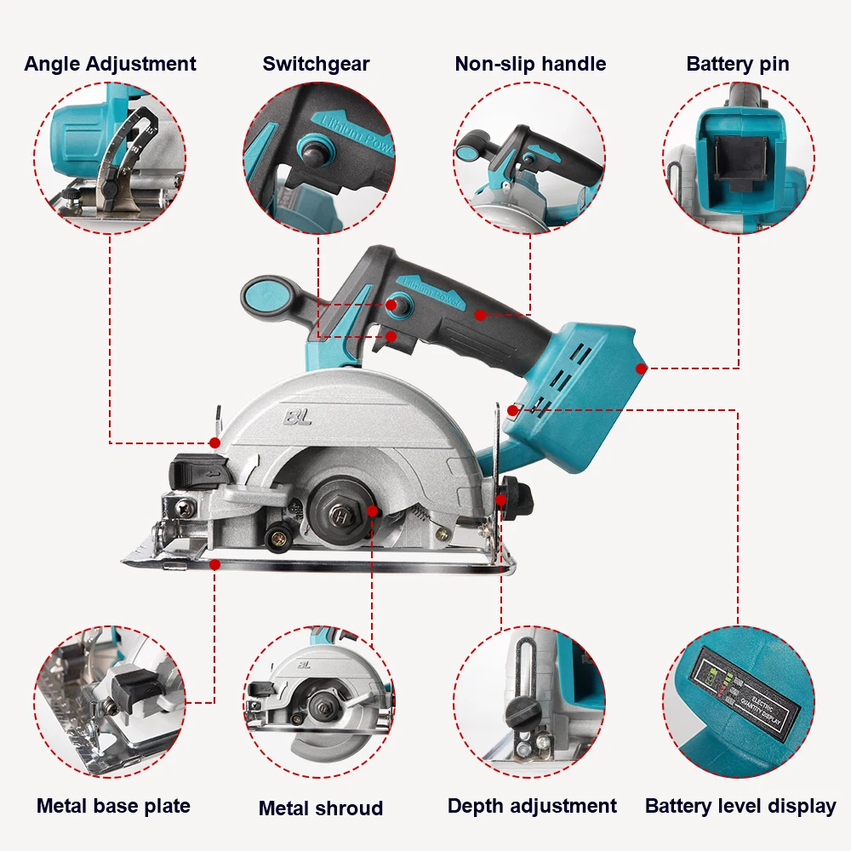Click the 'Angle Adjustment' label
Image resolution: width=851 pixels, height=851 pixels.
(x=110, y=64)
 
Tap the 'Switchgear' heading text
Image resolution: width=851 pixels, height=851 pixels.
(x=316, y=64)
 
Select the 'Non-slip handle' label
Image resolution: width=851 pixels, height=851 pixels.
(x=530, y=64)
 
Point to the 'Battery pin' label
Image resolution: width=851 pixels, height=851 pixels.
(x=738, y=64)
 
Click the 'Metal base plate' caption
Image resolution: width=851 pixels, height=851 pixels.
(x=113, y=806)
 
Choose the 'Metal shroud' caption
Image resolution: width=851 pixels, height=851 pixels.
(x=321, y=808)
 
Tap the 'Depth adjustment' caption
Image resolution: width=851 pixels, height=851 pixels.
(x=532, y=806)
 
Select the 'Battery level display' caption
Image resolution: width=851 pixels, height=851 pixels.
(x=740, y=806)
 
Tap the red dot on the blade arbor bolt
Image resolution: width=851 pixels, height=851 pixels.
(x=372, y=511)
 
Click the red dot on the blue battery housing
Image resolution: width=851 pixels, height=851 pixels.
(x=641, y=368)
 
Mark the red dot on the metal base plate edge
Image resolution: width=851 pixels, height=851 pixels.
(x=214, y=564)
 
